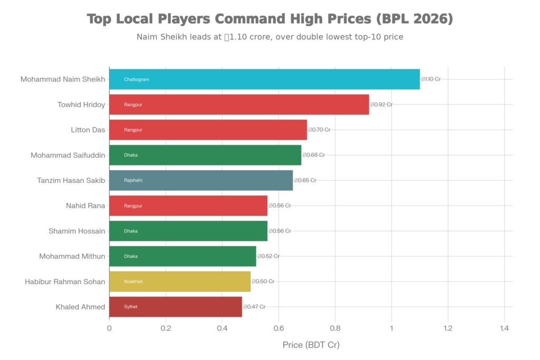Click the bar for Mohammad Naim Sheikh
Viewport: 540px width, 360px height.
[264, 79]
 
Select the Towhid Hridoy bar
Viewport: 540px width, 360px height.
[239, 104]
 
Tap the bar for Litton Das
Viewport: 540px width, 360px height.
[208, 130]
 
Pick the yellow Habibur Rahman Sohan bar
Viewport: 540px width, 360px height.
[180, 281]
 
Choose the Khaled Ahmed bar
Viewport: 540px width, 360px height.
[176, 307]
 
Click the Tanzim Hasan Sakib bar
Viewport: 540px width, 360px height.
[201, 180]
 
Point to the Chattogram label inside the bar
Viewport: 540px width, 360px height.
[137, 79]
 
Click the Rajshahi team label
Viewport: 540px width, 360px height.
[133, 180]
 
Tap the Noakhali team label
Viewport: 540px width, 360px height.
[133, 281]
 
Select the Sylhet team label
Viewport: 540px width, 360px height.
[131, 307]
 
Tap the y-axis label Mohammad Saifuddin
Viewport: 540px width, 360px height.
[68, 155]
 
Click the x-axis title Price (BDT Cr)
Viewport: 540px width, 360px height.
[311, 345]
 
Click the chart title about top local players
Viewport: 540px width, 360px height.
[269, 20]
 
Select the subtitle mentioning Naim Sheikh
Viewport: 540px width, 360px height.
[269, 37]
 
